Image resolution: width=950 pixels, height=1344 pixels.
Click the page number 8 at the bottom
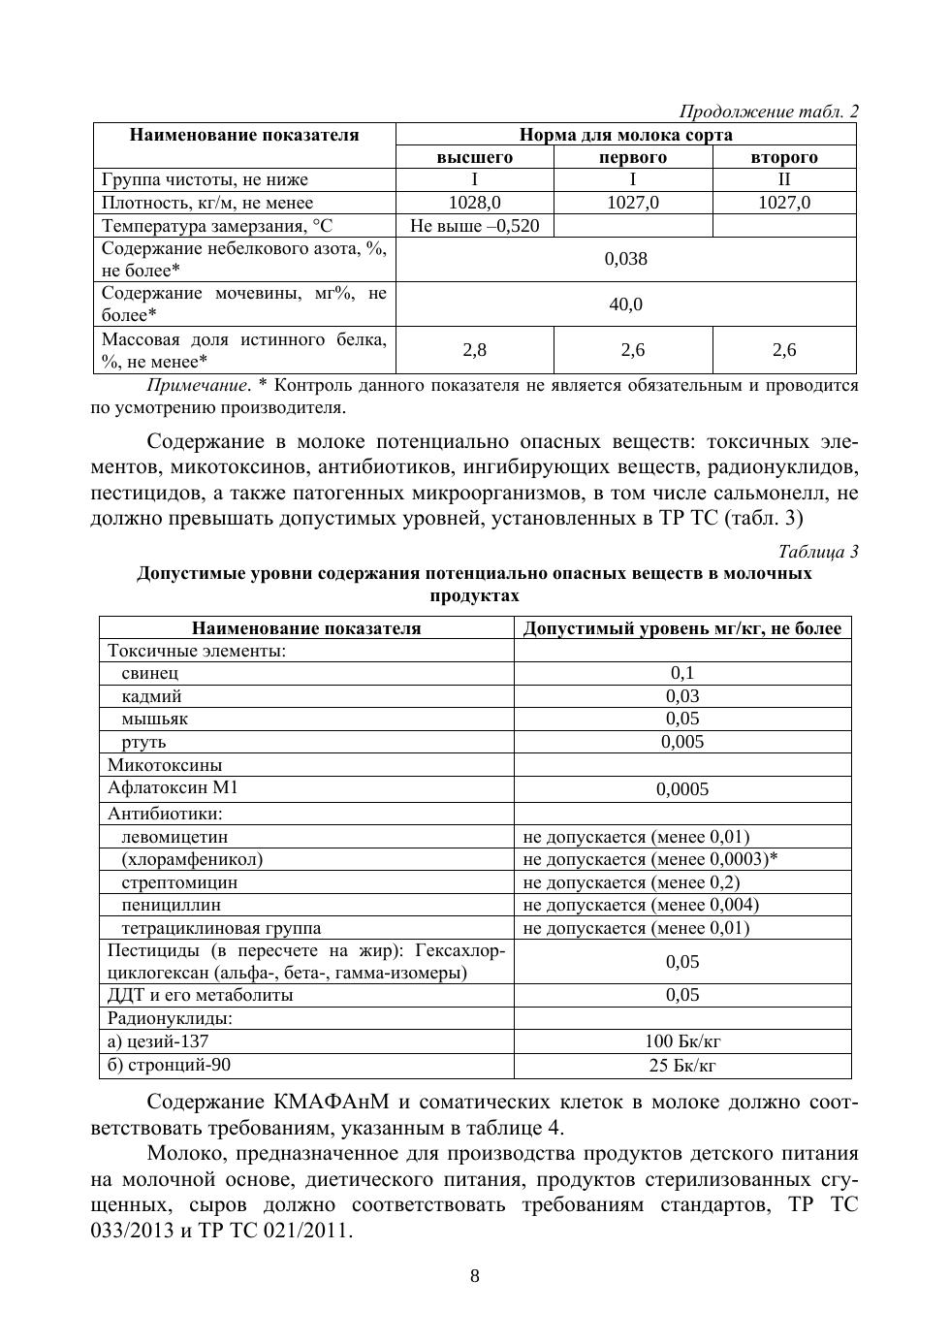(475, 1276)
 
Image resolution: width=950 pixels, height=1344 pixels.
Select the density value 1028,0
(475, 203)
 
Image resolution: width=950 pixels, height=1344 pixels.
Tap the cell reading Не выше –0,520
(475, 226)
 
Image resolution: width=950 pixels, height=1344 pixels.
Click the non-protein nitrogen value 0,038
(625, 259)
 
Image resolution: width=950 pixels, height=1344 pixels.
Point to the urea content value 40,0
(625, 304)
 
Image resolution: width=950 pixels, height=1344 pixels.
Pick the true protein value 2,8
(475, 350)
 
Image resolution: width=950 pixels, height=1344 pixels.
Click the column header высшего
(475, 157)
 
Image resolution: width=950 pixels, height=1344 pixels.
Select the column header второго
(784, 157)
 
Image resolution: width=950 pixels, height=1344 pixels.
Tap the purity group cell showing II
(784, 179)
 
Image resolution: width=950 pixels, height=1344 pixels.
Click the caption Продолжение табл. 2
(769, 112)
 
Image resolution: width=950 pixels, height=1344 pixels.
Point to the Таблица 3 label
(817, 553)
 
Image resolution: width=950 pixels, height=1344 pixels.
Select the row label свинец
(150, 673)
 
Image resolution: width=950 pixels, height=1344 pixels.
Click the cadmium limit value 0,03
(682, 696)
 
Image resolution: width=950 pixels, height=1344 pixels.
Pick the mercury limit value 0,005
(682, 742)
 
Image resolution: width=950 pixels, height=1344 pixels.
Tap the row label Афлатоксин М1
(173, 788)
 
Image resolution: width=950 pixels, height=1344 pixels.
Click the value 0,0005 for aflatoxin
(682, 789)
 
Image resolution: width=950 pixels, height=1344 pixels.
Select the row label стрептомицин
(179, 882)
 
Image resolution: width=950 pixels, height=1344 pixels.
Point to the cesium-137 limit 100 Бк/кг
(682, 1041)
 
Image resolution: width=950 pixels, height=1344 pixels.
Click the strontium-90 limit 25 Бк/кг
(682, 1066)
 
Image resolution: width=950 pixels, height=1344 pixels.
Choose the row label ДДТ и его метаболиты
(201, 995)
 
